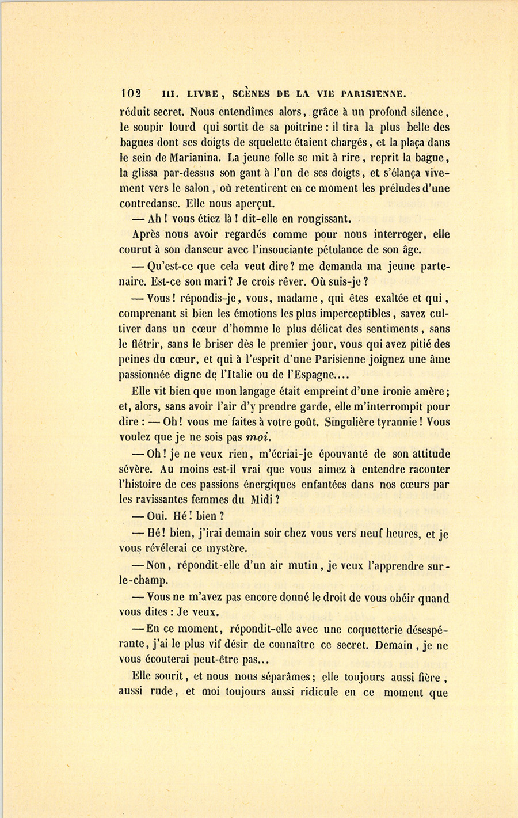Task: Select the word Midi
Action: click(x=261, y=500)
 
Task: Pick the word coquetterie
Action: click(x=362, y=629)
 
